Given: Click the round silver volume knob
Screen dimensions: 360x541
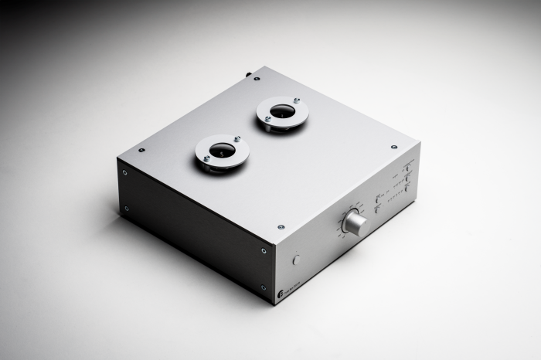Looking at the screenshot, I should click(355, 223).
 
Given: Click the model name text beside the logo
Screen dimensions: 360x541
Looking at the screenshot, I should click(294, 287).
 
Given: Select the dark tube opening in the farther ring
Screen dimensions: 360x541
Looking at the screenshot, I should click(282, 112).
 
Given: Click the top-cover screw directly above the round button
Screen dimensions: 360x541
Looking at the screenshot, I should click(281, 227).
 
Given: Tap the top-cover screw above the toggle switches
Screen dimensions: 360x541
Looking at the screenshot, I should click(394, 147).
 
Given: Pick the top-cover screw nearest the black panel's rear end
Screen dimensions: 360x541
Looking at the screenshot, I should click(141, 150).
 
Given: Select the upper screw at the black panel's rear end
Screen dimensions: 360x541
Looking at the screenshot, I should click(125, 173).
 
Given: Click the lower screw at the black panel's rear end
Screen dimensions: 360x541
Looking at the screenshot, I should click(126, 208).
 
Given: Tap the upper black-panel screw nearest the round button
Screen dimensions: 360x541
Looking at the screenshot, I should click(264, 251).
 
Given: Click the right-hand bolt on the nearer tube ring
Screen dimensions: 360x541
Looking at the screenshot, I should click(237, 140).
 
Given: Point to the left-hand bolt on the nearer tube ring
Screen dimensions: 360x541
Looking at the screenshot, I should click(206, 158).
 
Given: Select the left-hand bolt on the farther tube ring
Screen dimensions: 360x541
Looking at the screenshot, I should click(267, 119).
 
